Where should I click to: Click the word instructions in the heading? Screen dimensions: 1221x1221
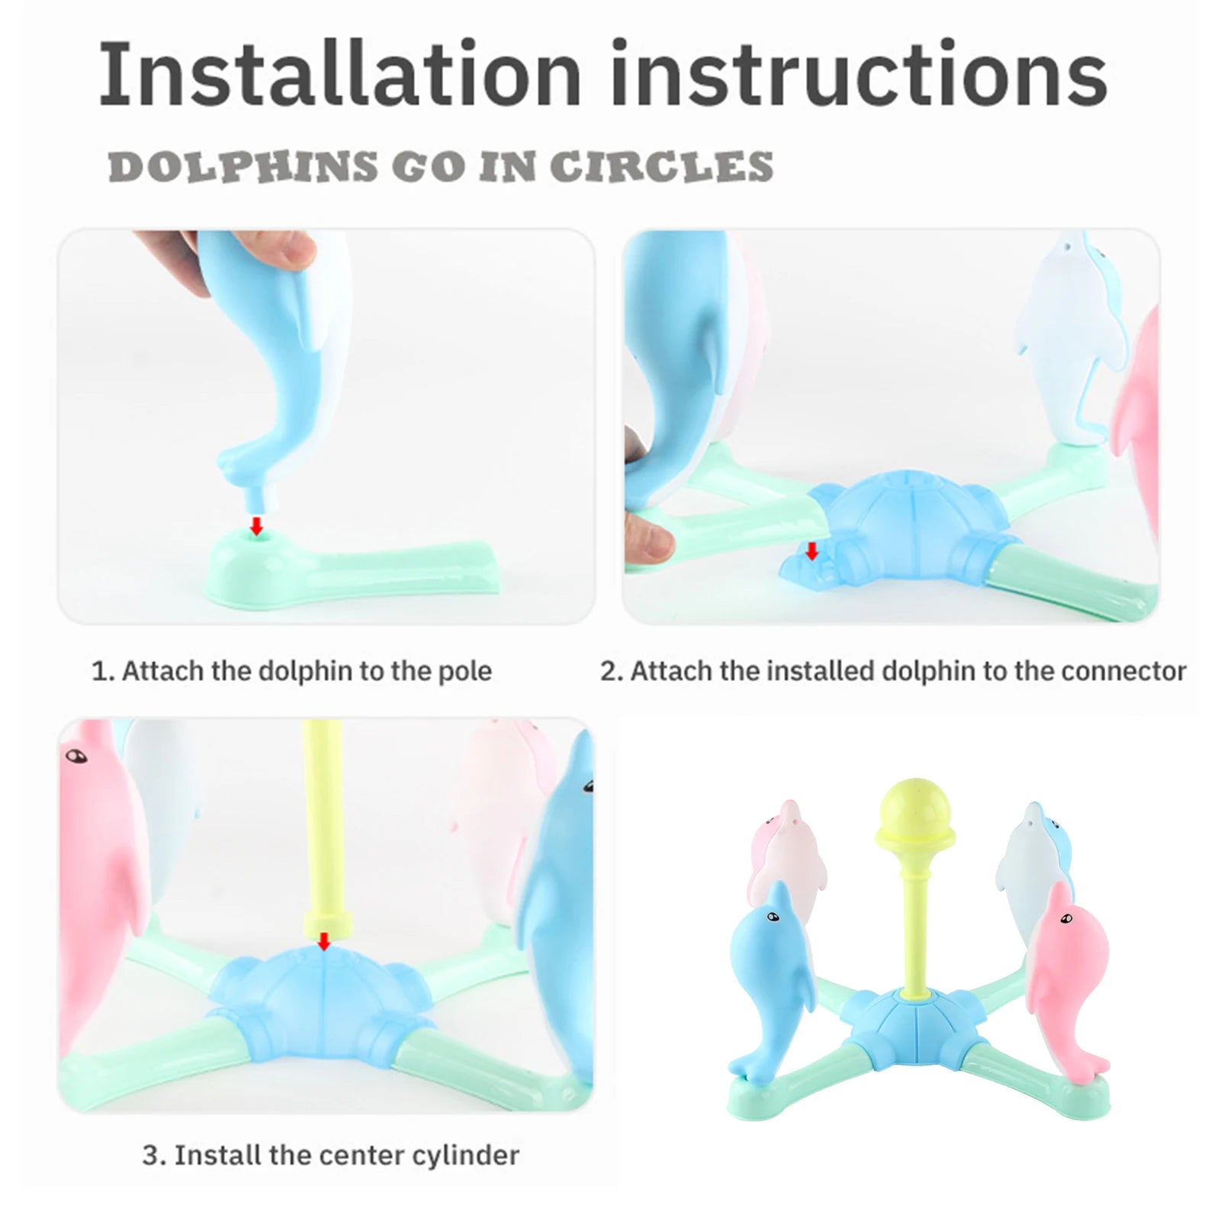(859, 74)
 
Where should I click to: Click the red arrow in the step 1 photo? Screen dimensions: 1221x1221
(257, 525)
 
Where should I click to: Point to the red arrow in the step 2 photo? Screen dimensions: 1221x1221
(812, 551)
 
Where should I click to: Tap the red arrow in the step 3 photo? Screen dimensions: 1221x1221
(324, 941)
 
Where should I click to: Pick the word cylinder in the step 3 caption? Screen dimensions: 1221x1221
(467, 1155)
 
